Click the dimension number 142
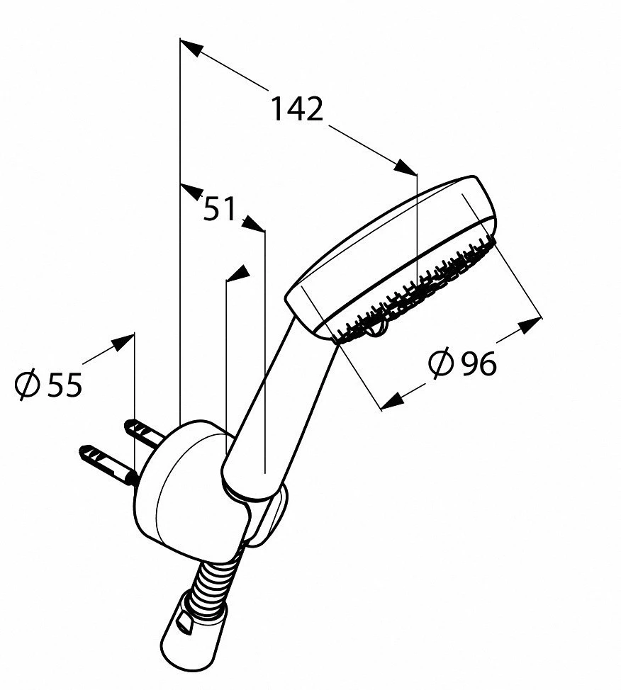[x=296, y=108]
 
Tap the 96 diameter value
[x=478, y=363]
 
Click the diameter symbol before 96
[x=440, y=363]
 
